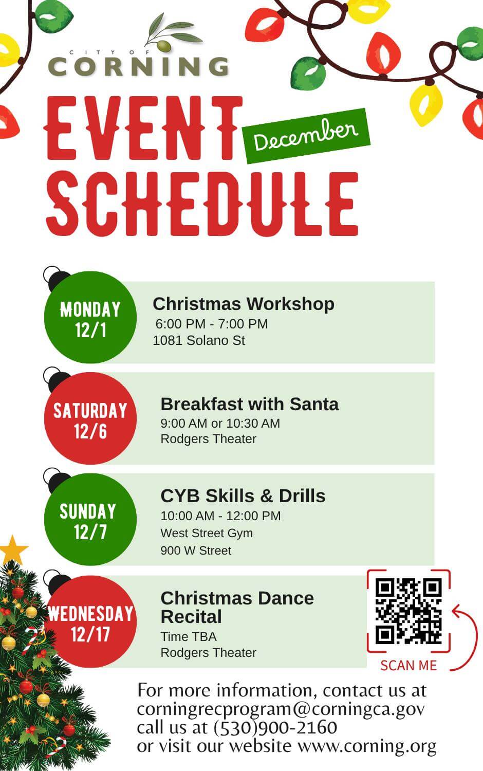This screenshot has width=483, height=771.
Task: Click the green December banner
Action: click(306, 136)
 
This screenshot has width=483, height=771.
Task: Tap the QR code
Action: click(408, 611)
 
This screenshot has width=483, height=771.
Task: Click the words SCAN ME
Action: click(408, 665)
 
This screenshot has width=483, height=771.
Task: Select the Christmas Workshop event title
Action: click(244, 304)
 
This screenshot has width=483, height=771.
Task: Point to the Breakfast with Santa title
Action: click(250, 404)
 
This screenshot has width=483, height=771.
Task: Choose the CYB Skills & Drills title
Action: click(243, 496)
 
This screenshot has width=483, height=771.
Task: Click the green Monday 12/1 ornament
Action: click(90, 317)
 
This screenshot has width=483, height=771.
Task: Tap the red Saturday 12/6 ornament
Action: click(90, 418)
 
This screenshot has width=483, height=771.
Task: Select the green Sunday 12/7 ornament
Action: click(90, 519)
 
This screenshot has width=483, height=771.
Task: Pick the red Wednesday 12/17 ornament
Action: click(90, 621)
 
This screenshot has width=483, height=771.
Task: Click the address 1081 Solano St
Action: click(199, 340)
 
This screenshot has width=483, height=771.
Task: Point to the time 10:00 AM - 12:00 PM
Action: click(220, 516)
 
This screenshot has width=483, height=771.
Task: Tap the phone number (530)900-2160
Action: click(275, 728)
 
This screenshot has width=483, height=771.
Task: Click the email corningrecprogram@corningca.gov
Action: click(281, 709)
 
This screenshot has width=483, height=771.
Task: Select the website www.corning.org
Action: click(367, 746)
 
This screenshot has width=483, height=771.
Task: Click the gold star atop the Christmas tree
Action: click(13, 550)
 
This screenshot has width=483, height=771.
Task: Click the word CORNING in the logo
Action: click(138, 66)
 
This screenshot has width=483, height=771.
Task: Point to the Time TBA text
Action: click(189, 637)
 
